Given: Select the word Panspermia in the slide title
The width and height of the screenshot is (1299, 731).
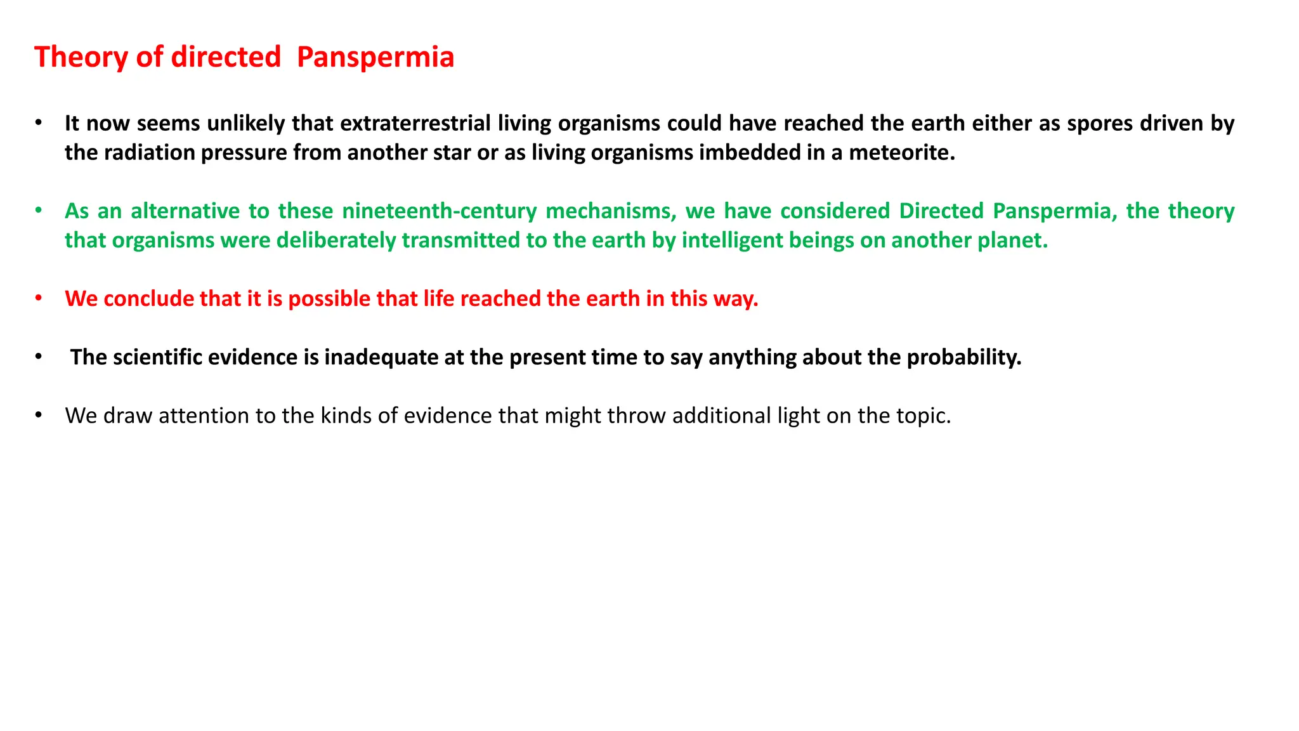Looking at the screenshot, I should (375, 57).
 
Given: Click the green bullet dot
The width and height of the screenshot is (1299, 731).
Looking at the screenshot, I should (39, 210).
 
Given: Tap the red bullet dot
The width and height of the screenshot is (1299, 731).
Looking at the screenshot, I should (39, 298).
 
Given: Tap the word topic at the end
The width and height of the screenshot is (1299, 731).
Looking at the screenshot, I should (923, 416).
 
